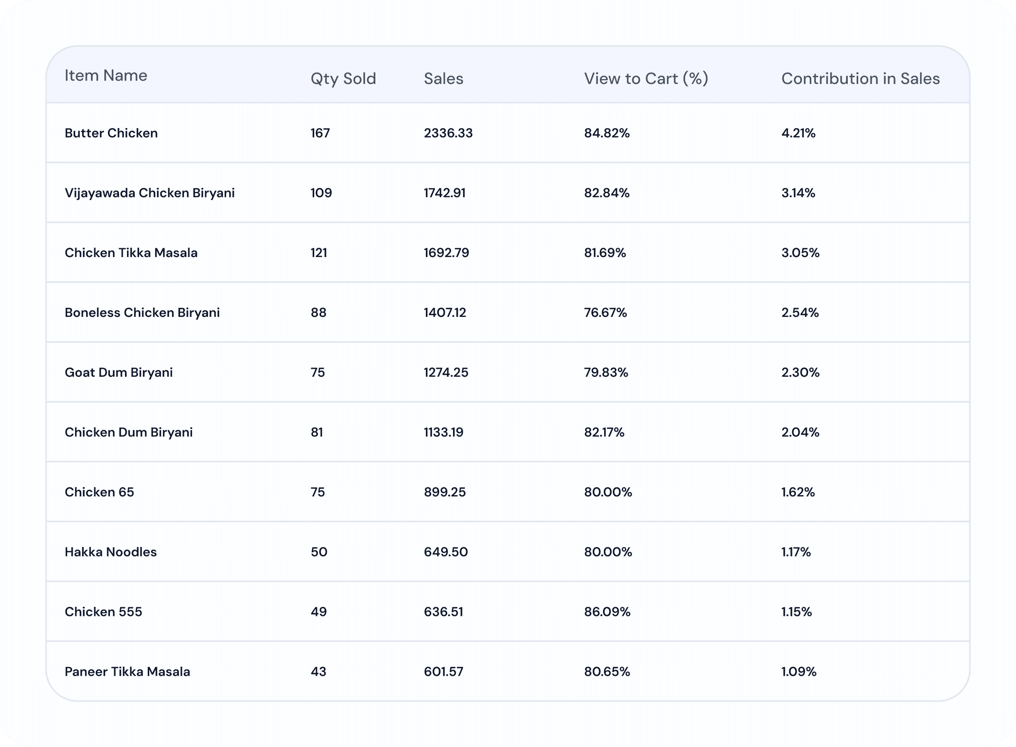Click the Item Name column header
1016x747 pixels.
(106, 75)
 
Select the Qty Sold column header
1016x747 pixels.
(343, 79)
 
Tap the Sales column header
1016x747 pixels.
(443, 78)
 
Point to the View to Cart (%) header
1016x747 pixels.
(646, 78)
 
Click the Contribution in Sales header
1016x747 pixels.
(860, 78)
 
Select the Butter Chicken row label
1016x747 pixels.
(111, 133)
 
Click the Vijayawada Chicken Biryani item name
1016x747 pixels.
(150, 193)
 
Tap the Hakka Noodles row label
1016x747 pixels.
(111, 552)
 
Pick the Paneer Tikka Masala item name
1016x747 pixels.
(127, 671)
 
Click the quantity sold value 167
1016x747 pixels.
(320, 133)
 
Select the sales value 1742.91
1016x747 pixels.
(444, 193)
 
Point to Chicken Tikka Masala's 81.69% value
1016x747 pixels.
(605, 252)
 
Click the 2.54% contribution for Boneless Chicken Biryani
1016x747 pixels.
(800, 312)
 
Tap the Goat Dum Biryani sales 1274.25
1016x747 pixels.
(446, 372)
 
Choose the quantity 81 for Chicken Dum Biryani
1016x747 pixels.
(317, 432)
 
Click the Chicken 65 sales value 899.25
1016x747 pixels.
(445, 491)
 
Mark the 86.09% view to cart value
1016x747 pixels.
(607, 612)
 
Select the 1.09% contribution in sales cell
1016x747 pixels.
(799, 671)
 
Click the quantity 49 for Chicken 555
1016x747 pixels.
(319, 612)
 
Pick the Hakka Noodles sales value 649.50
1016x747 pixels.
(446, 552)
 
